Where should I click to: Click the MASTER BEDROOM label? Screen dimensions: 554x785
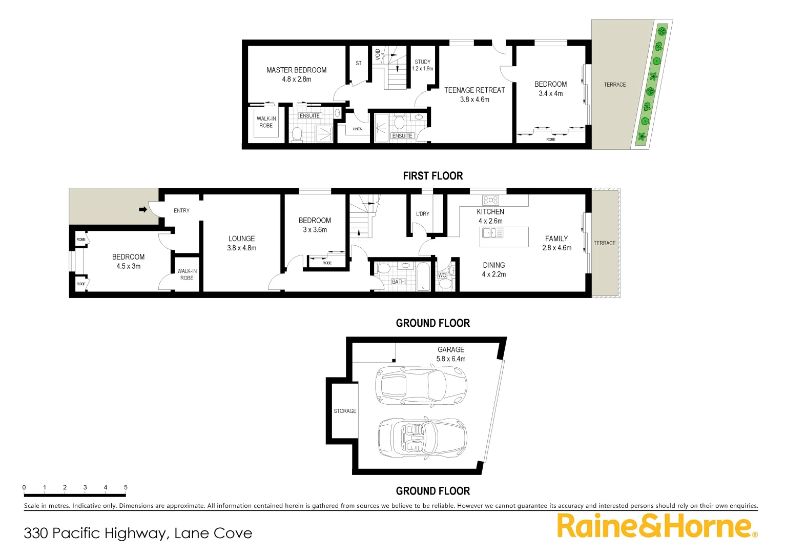coord(296,70)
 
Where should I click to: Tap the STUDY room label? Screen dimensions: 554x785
coord(423,62)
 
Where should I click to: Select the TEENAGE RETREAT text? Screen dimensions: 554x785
coord(474,90)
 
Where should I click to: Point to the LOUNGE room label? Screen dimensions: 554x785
coord(241,239)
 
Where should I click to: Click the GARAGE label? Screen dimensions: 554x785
coord(451,350)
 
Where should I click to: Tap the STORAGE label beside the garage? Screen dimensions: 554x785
coord(345,411)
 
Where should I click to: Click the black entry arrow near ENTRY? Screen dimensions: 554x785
coord(143,209)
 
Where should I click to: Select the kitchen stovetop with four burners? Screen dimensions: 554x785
coord(490,200)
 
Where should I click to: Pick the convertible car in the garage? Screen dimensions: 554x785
coord(422,438)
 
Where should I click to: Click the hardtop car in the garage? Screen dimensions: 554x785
coord(421,385)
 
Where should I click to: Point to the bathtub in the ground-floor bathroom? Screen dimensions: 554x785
coord(423,277)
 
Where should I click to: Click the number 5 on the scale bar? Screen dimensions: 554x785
coord(126,487)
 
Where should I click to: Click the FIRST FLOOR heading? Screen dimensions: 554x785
coord(432,176)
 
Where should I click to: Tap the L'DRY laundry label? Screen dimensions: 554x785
coord(423,214)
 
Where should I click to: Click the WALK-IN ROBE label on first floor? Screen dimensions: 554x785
coord(266,122)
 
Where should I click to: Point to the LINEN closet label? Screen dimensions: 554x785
coord(357,129)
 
